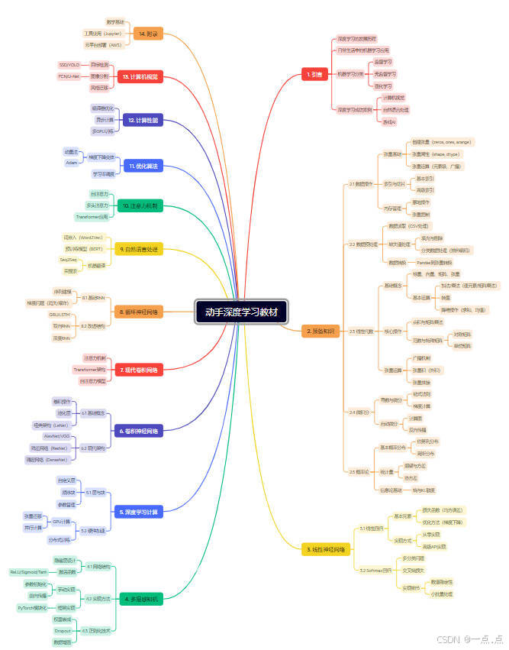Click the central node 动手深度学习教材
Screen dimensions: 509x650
241,312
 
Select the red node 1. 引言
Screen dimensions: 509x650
314,75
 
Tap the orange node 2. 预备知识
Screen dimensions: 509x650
320,331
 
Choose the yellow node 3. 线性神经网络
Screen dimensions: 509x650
326,549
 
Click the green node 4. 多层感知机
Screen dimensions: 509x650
142,600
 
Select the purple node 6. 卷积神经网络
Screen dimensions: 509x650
138,432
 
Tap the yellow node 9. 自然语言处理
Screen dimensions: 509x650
138,249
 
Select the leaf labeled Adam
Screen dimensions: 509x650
71,163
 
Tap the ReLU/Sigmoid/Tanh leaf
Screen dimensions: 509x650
29,571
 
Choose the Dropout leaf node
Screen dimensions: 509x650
63,631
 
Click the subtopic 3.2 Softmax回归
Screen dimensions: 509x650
375,570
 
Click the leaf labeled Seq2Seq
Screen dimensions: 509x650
69,260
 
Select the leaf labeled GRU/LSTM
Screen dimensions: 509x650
60,314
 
